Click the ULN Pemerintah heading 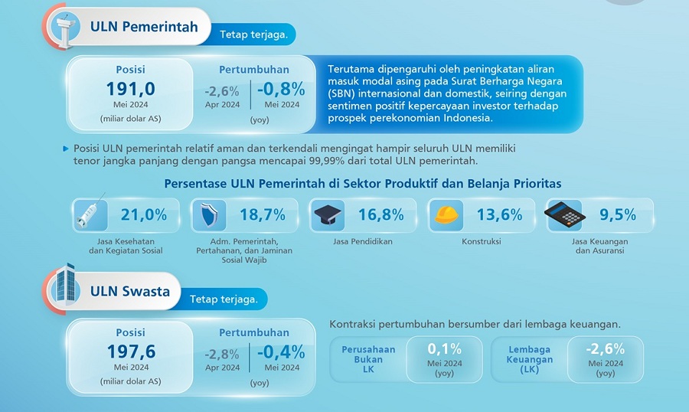pyautogui.click(x=144, y=27)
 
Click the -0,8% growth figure pyautogui.click(x=281, y=88)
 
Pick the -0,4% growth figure pyautogui.click(x=281, y=352)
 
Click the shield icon pyautogui.click(x=209, y=215)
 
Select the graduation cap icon pyautogui.click(x=328, y=215)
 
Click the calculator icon pyautogui.click(x=564, y=215)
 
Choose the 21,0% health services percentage pyautogui.click(x=144, y=215)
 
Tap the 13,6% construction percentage pyautogui.click(x=499, y=215)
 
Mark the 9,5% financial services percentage pyautogui.click(x=618, y=215)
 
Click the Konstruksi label pyautogui.click(x=482, y=241)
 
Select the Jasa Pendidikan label pyautogui.click(x=363, y=241)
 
